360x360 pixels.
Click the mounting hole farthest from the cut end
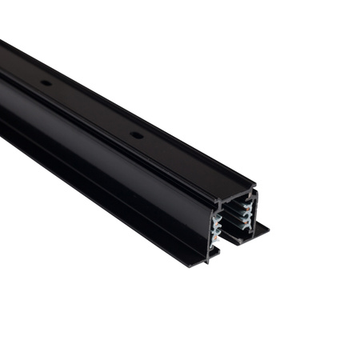point(46,82)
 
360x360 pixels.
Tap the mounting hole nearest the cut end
point(137,134)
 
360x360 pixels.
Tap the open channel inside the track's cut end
point(232,224)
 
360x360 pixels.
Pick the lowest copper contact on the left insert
point(215,238)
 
